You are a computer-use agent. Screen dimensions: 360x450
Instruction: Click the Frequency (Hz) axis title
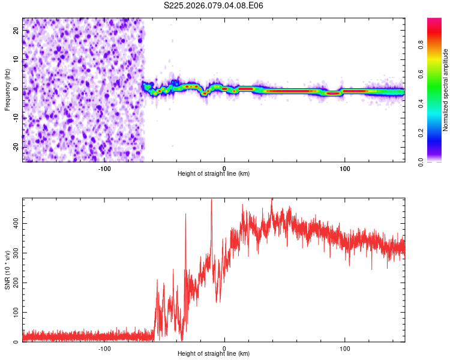[x=7, y=90]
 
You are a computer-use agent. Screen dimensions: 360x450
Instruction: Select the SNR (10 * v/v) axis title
[x=7, y=270]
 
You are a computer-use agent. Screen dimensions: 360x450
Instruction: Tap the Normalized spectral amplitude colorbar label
[x=445, y=90]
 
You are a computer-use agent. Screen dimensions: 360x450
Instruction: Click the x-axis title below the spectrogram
[x=214, y=174]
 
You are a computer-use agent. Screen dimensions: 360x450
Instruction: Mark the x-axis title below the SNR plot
[x=214, y=355]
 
